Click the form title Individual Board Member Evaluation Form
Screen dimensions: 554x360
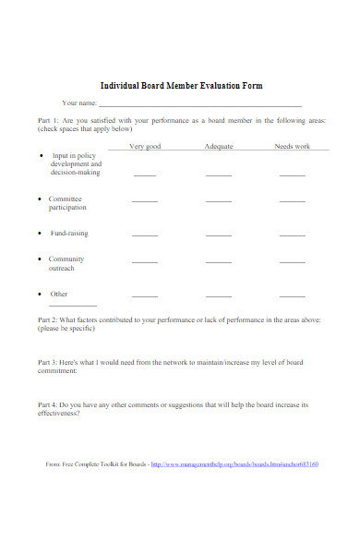point(181,85)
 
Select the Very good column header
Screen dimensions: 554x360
point(145,147)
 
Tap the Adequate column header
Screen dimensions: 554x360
point(219,147)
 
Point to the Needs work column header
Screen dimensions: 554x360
point(292,147)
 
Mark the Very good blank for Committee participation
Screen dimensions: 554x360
point(145,200)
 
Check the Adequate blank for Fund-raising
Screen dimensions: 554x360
point(219,235)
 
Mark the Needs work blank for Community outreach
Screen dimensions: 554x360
point(292,262)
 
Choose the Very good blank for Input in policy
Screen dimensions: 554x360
point(145,174)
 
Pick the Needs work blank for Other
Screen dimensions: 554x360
point(292,295)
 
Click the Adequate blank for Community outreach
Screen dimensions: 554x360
point(219,262)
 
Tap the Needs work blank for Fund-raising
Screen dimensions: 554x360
point(292,235)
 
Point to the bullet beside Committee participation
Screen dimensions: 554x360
point(39,199)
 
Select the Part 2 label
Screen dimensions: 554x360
point(48,319)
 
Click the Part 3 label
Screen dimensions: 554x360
point(48,362)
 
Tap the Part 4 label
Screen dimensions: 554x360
point(48,404)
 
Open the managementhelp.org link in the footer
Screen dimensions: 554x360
point(234,489)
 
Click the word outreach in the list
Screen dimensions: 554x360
point(61,269)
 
